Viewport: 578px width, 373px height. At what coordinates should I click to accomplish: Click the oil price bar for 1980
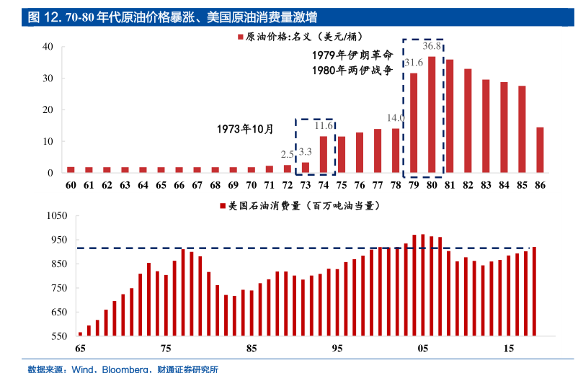click(x=432, y=114)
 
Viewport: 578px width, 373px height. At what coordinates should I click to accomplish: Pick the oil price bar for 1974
click(x=323, y=154)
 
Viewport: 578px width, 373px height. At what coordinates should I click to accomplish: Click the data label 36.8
click(x=432, y=46)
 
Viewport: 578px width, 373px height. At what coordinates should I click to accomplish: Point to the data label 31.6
click(x=414, y=63)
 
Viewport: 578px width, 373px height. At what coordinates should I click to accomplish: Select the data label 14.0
click(x=396, y=117)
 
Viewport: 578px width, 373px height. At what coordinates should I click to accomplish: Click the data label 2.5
click(x=287, y=154)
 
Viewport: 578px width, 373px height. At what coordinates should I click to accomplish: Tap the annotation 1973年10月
click(x=246, y=130)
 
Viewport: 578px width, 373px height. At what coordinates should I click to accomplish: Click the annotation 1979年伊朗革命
click(x=352, y=55)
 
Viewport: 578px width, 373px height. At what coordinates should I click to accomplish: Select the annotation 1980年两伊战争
click(x=352, y=71)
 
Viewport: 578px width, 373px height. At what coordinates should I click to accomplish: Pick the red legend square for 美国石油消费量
click(x=223, y=206)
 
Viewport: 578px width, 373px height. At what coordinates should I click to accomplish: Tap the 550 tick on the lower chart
click(x=58, y=336)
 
